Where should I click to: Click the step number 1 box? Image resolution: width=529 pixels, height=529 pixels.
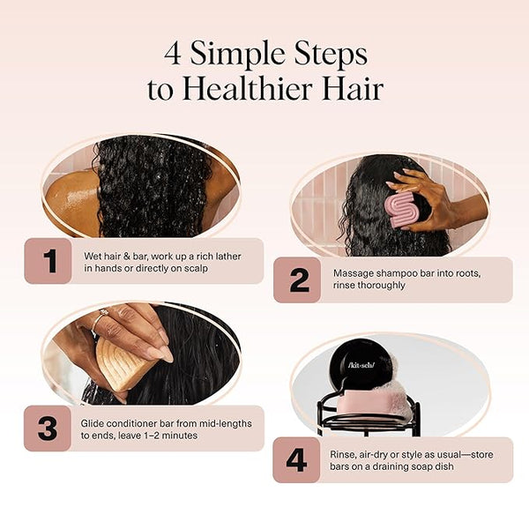[x=48, y=261]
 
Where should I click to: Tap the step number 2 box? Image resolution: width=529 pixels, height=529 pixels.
[x=297, y=279]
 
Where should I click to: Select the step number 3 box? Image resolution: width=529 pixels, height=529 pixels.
[x=48, y=428]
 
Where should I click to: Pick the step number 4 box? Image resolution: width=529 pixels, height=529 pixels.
[x=296, y=460]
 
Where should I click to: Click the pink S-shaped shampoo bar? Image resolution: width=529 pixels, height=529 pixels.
[x=402, y=208]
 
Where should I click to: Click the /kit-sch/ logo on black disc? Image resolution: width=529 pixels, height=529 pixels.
[x=361, y=365]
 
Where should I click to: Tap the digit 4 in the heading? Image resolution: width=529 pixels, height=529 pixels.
[x=173, y=54]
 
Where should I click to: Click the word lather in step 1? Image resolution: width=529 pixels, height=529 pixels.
[x=228, y=257]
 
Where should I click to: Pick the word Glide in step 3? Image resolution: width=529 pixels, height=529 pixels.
[x=92, y=423]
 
